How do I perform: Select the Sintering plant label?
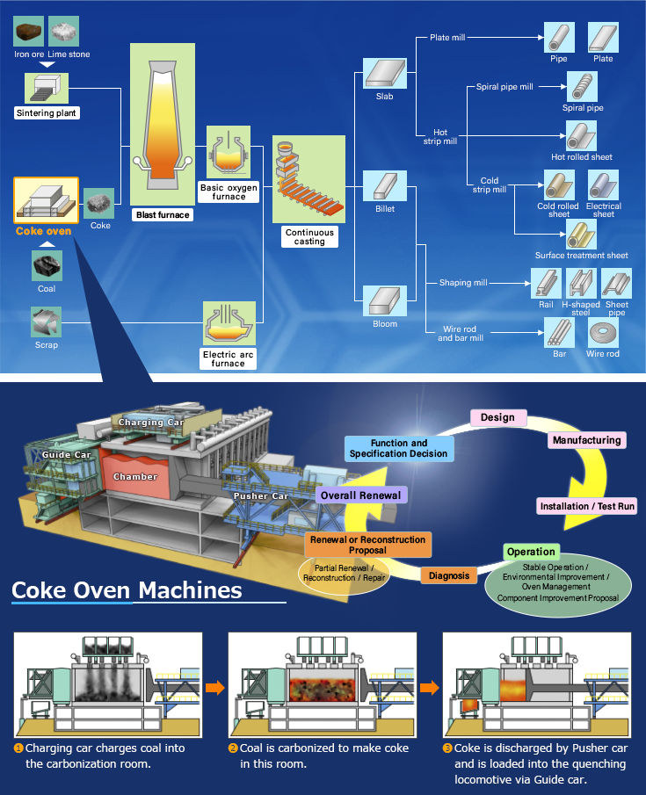(47, 112)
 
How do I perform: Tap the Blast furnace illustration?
(163, 123)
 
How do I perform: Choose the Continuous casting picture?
(304, 180)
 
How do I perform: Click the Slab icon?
(384, 74)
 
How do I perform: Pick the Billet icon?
(384, 186)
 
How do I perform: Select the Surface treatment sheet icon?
(581, 235)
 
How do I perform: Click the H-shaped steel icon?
(581, 284)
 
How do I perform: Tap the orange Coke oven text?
(44, 231)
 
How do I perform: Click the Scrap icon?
(46, 322)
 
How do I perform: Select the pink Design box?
(497, 417)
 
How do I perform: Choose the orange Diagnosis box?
(449, 576)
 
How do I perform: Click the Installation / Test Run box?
(587, 506)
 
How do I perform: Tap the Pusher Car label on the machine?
(261, 496)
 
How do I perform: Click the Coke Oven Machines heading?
(127, 589)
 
